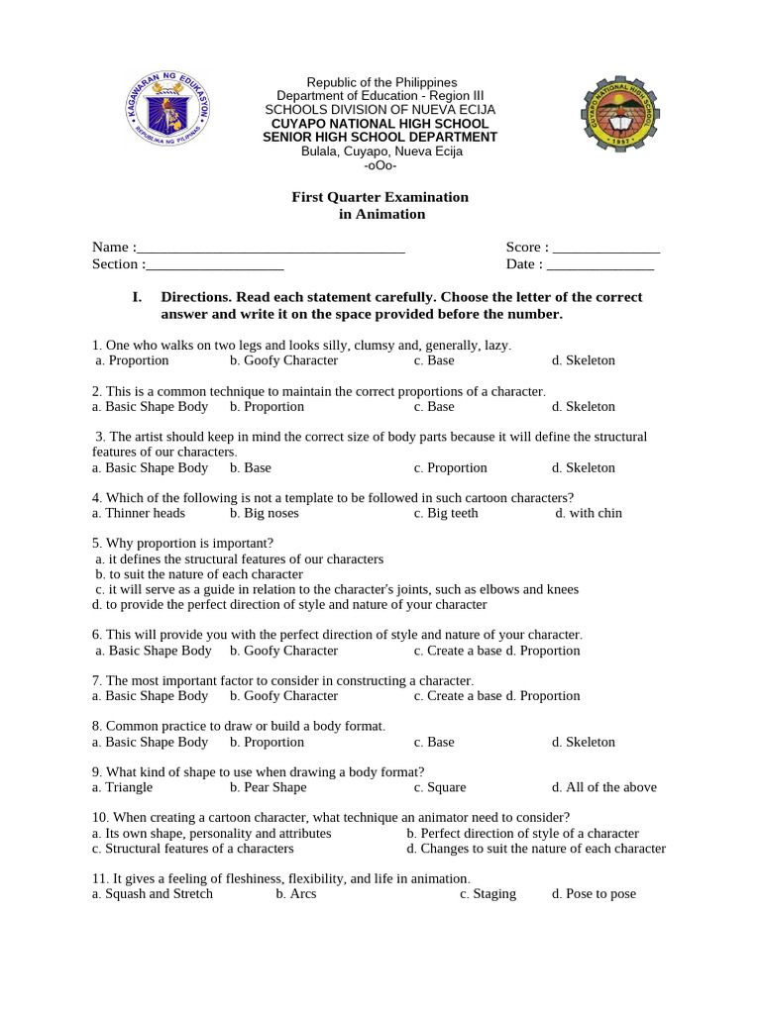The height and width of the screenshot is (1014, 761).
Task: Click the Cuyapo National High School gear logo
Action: pos(620,117)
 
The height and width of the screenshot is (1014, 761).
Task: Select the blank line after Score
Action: pos(606,249)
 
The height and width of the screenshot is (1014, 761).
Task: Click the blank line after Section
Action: pos(214,265)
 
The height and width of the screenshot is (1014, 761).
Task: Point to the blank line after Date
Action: pos(600,265)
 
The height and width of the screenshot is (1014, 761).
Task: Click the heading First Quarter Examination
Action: pos(380,197)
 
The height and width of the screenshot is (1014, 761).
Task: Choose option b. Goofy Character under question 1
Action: pos(283,360)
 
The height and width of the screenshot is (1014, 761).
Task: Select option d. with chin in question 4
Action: pos(589,513)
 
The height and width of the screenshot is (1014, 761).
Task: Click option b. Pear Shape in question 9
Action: pos(268,787)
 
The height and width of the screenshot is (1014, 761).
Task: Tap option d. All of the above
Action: pos(604,787)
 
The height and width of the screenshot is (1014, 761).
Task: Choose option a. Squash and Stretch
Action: pos(152,894)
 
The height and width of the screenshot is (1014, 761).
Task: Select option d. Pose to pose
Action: pos(594,894)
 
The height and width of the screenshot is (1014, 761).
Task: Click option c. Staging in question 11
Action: pos(488,894)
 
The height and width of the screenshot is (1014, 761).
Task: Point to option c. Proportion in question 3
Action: pos(451,467)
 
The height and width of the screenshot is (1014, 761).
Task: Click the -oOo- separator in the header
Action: pos(380,165)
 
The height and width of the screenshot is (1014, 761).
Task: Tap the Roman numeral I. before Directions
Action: pos(138,297)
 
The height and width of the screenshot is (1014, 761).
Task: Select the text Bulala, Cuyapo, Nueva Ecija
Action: pos(381,152)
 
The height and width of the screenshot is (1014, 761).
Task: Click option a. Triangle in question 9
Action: pos(122,787)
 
